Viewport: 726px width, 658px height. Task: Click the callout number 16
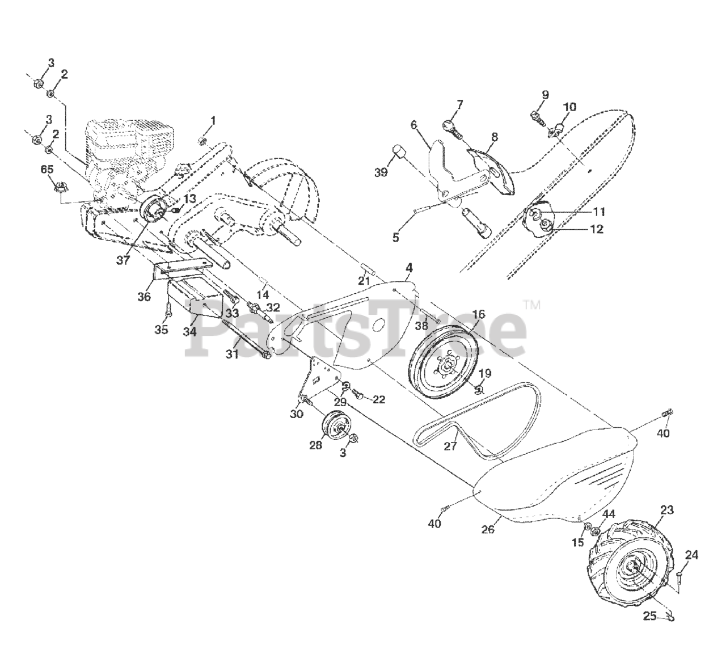(479, 314)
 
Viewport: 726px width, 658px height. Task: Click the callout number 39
(381, 172)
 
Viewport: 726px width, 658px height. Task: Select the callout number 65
(48, 169)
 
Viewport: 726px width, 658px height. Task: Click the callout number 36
(144, 296)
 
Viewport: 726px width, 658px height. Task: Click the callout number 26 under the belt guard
(488, 529)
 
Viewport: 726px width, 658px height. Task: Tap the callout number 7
(459, 104)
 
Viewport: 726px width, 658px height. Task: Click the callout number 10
(569, 107)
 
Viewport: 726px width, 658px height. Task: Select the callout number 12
(596, 229)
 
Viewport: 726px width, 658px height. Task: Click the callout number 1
(213, 120)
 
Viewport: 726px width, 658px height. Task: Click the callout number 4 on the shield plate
(409, 267)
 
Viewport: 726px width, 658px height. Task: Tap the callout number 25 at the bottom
(650, 615)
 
